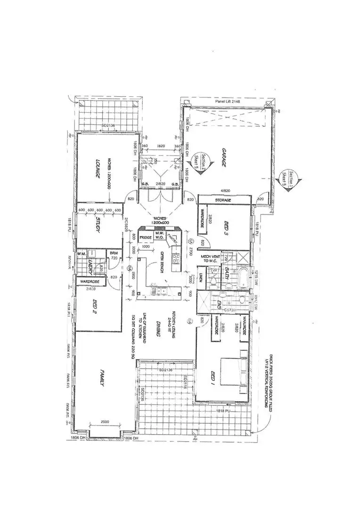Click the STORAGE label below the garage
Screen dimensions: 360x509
coord(223,200)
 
